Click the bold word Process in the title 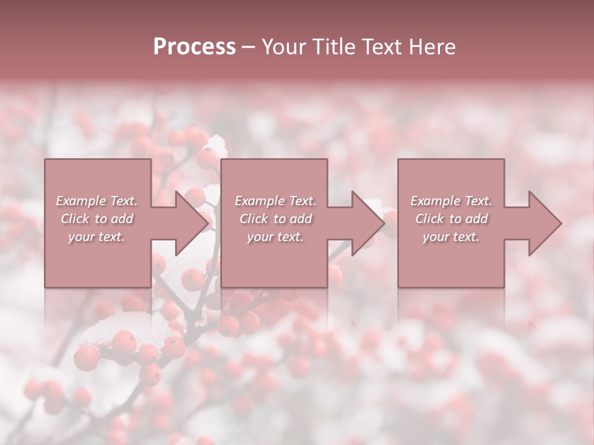pyautogui.click(x=194, y=47)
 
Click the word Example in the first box pyautogui.click(x=80, y=201)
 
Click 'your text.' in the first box pyautogui.click(x=97, y=237)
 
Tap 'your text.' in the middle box pyautogui.click(x=275, y=237)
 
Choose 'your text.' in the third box pyautogui.click(x=451, y=237)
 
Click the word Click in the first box pyautogui.click(x=75, y=219)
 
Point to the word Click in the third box pyautogui.click(x=429, y=219)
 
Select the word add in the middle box pyautogui.click(x=301, y=219)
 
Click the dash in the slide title pyautogui.click(x=248, y=47)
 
